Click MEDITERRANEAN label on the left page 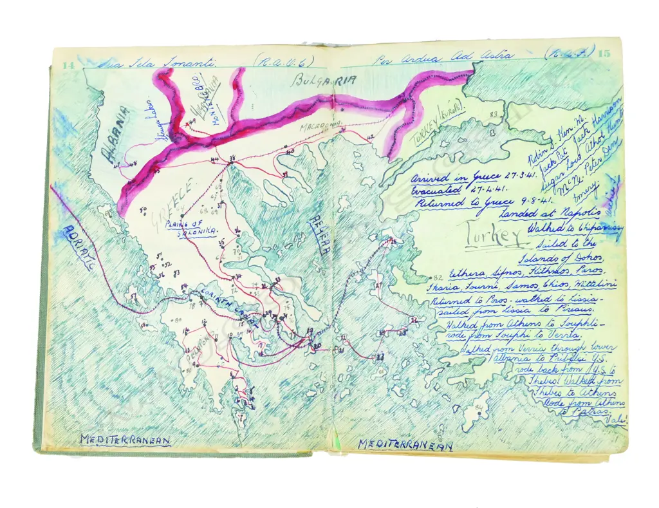[125, 439]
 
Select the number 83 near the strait [494, 114]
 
